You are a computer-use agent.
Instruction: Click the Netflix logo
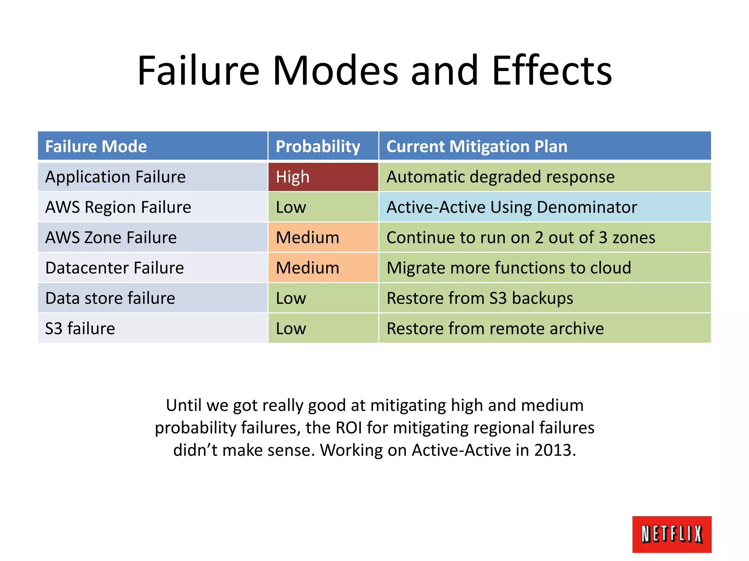point(671,534)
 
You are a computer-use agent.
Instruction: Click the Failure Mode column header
point(96,146)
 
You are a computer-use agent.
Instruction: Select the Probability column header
point(318,146)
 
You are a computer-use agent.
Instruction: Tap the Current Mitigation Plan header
point(477,146)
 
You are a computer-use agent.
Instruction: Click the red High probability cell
point(323,177)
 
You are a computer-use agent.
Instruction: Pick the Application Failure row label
point(115,177)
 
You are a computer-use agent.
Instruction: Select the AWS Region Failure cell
point(118,207)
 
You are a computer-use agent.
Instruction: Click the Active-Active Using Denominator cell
point(511,207)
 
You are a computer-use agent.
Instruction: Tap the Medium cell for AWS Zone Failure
point(308,237)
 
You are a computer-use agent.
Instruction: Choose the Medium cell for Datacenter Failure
point(308,268)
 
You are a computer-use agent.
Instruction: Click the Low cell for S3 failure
point(291,328)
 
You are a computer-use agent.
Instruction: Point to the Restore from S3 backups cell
point(479,298)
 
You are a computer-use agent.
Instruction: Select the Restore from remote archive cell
point(495,328)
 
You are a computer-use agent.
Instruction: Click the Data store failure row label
point(110,298)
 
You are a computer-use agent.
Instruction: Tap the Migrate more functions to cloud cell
point(508,268)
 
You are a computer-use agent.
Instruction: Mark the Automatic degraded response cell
point(500,177)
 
